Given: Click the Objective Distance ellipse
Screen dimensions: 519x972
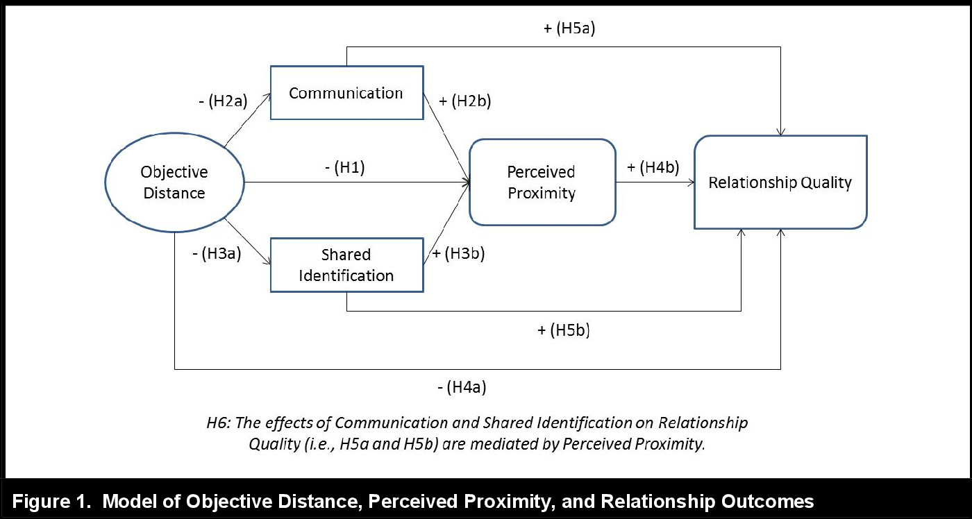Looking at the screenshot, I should (x=174, y=182).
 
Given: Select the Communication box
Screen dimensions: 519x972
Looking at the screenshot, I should (x=346, y=93).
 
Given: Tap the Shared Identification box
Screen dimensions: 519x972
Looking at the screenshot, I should (x=346, y=264).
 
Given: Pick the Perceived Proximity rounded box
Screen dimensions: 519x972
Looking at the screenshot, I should (x=542, y=182).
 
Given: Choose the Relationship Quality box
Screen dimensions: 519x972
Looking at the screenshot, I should (x=780, y=182).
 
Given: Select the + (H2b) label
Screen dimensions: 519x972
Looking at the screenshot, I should (x=465, y=101).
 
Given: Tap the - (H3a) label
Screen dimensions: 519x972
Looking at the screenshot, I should (x=217, y=253).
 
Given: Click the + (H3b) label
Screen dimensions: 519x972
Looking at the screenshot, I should (x=458, y=253).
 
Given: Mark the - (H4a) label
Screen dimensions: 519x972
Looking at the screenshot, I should (x=462, y=387).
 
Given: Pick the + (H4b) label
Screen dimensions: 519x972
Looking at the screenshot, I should (x=653, y=167).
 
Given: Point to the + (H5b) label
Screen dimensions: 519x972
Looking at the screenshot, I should (x=563, y=330).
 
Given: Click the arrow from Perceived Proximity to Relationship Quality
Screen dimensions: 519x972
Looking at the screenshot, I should (x=655, y=183).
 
